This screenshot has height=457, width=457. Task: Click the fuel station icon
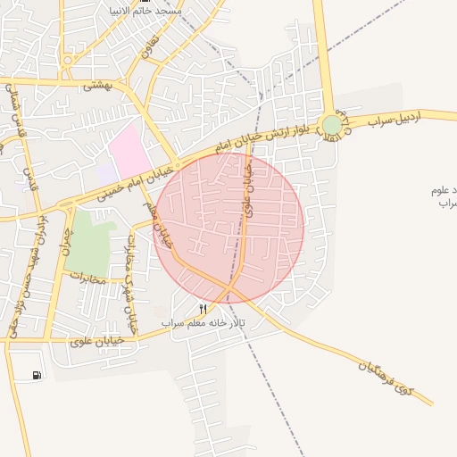37,376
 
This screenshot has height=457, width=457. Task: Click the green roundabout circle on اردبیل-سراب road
332,125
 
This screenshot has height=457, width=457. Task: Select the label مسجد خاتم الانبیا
145,10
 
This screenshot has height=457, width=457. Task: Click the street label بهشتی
94,86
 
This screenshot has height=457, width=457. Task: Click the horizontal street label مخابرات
87,280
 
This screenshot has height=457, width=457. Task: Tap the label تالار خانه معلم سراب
198,321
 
